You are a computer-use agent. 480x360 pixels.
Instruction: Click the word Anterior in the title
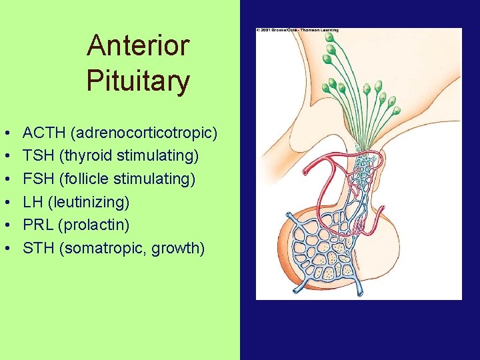138,46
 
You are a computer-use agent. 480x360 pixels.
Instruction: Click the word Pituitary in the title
138,82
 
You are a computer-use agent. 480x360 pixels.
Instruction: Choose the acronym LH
32,202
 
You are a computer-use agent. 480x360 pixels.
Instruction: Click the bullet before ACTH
5,133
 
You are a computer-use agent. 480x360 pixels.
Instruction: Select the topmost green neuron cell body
330,37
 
